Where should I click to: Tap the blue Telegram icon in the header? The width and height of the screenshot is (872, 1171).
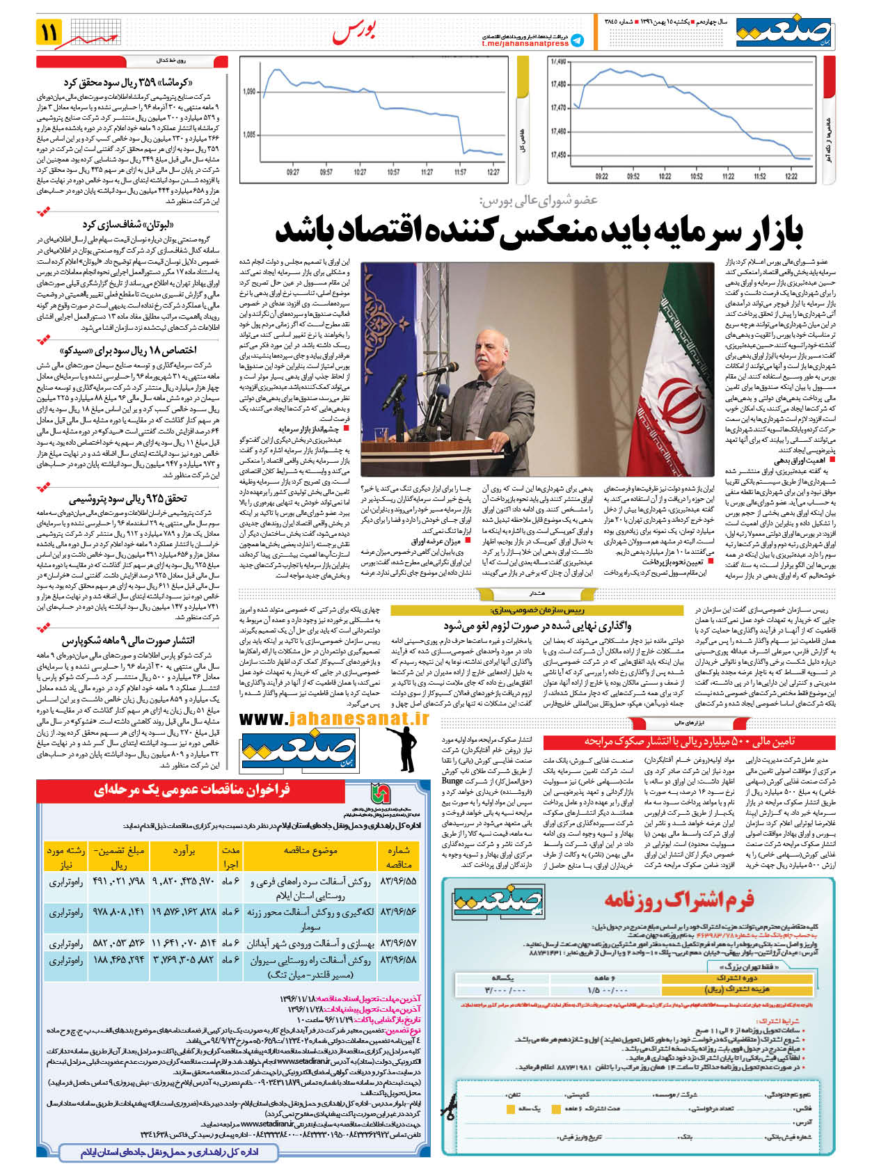click(577, 40)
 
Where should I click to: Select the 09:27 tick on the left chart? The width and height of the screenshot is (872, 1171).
click(293, 172)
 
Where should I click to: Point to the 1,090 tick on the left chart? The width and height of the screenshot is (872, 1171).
click(249, 92)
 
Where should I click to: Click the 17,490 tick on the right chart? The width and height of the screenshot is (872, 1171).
click(558, 62)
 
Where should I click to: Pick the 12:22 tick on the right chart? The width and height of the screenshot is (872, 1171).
click(791, 176)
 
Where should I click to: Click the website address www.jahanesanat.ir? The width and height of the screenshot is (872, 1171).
click(334, 719)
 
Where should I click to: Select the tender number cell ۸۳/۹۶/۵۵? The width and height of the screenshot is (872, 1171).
click(398, 882)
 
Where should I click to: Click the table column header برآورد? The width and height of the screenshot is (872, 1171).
click(184, 850)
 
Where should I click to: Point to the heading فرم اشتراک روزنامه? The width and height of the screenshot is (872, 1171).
click(679, 900)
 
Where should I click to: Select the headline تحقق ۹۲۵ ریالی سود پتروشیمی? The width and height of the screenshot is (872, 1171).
click(128, 498)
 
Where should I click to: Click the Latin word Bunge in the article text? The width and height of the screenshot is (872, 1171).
click(452, 781)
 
